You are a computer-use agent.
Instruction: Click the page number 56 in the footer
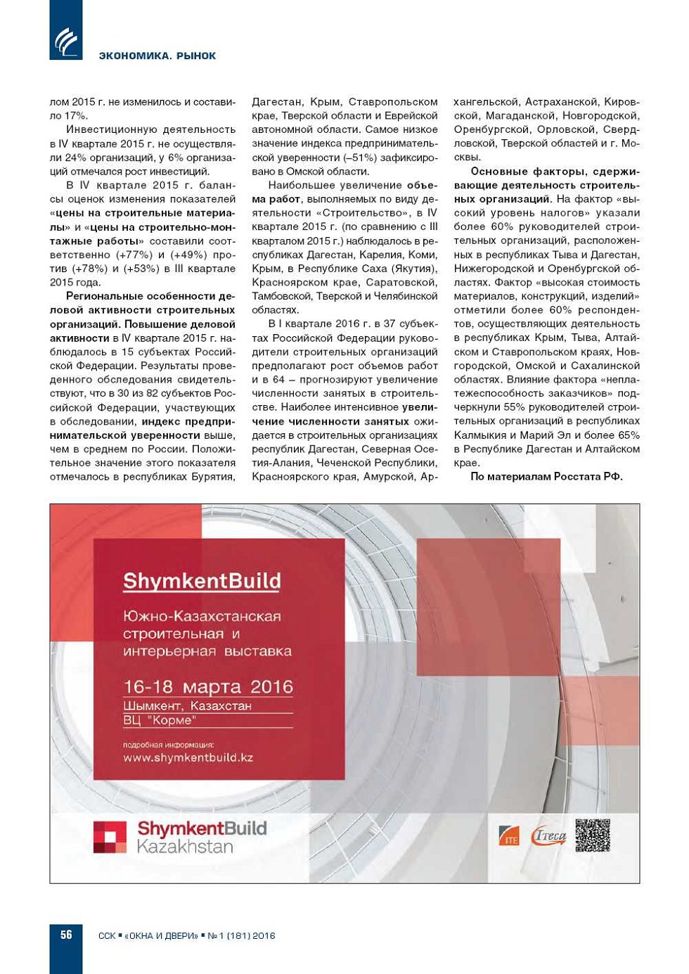[x=66, y=935]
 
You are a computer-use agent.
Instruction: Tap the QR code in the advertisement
[x=592, y=835]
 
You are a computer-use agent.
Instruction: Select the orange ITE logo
[x=508, y=835]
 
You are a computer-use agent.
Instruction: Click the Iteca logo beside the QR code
[x=548, y=835]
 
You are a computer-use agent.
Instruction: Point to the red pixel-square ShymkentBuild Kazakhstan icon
[x=110, y=837]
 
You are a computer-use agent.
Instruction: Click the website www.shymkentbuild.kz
[x=188, y=757]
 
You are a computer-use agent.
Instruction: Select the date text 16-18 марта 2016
[x=207, y=687]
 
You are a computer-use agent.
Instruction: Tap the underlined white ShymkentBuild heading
[x=202, y=581]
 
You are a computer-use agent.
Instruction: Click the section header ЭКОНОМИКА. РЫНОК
[x=157, y=56]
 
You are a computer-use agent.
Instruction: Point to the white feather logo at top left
[x=65, y=40]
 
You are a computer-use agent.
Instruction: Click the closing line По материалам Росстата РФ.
[x=546, y=477]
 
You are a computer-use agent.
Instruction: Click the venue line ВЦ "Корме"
[x=159, y=720]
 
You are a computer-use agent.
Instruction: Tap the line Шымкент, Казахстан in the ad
[x=187, y=705]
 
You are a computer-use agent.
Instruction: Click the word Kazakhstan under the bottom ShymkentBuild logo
[x=185, y=847]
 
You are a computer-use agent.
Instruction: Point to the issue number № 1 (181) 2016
[x=241, y=935]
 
